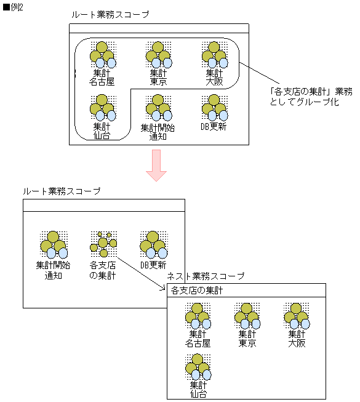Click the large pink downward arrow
click(158, 166)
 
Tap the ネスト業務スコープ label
click(206, 276)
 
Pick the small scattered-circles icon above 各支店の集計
click(103, 244)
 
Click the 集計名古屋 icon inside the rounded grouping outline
click(102, 54)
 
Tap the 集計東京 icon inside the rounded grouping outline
click(158, 54)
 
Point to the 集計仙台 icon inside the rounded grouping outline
click(102, 107)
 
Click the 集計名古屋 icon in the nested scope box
click(198, 315)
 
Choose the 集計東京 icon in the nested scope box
click(247, 315)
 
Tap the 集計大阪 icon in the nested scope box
click(296, 315)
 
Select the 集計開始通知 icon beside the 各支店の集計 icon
click(54, 244)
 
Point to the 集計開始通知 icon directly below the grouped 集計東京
click(158, 107)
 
